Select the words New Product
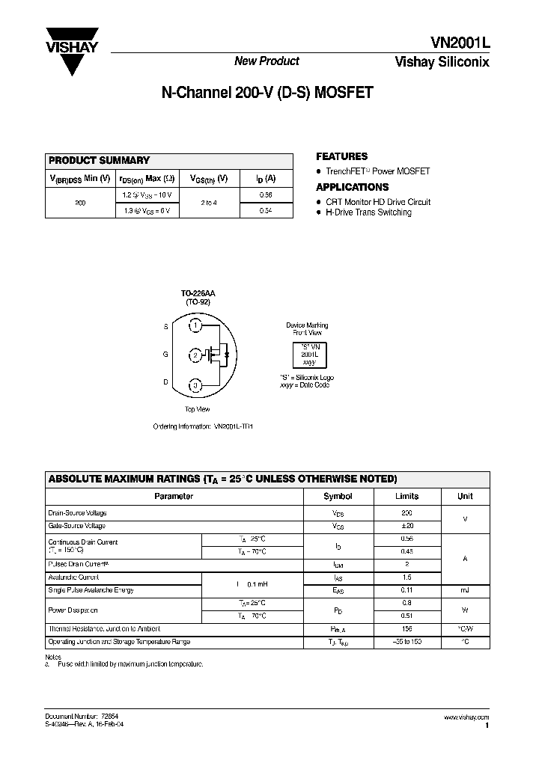[267, 61]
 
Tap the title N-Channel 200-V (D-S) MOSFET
[267, 94]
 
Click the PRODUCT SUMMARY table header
[100, 160]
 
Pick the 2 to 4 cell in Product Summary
[210, 203]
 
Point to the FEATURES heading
[341, 156]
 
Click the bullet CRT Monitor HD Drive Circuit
[377, 202]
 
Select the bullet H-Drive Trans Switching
[368, 212]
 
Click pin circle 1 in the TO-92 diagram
[195, 325]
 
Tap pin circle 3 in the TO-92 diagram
[195, 386]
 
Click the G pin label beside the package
[165, 355]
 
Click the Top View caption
[197, 409]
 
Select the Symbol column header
[338, 496]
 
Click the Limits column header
[407, 496]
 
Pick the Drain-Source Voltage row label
[78, 513]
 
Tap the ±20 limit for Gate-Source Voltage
[407, 526]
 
